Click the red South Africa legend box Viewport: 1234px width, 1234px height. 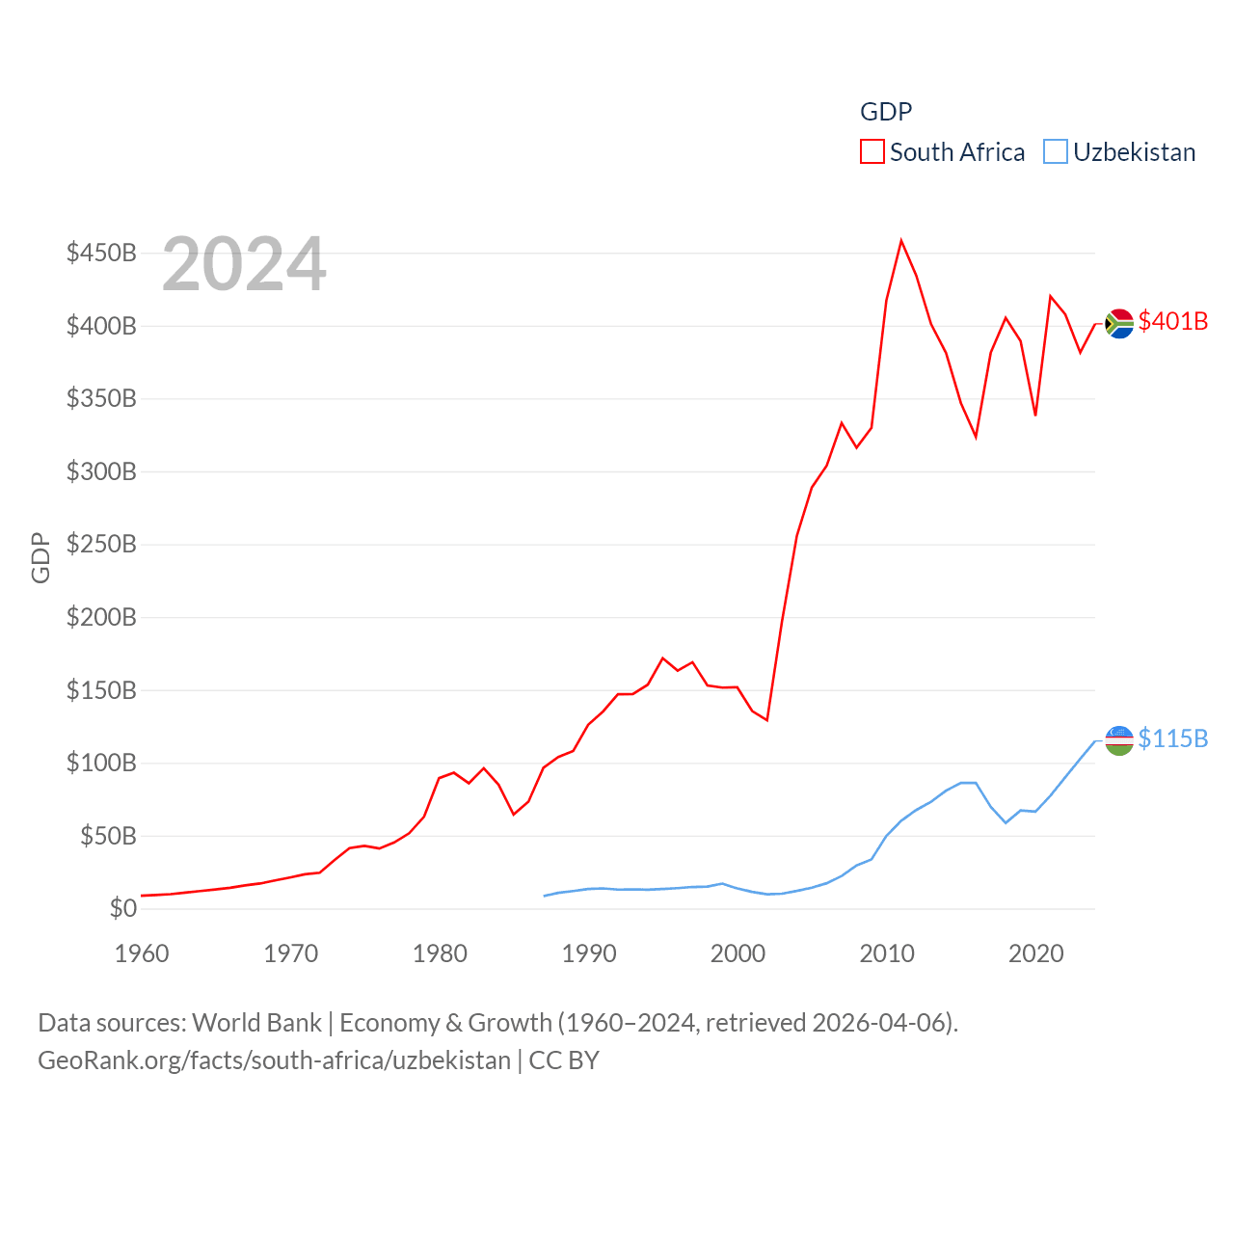click(x=872, y=152)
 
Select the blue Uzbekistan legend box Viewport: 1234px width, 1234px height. click(x=1056, y=152)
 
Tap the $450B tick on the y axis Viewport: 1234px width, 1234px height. click(x=101, y=253)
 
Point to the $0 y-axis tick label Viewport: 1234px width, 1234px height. click(x=122, y=908)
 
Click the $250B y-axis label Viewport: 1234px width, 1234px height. click(x=101, y=544)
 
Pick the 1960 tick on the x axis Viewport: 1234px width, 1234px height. click(x=142, y=953)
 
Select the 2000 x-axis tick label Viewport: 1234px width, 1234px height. click(x=738, y=953)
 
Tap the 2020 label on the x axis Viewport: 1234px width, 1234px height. click(x=1035, y=953)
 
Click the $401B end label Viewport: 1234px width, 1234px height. click(x=1172, y=321)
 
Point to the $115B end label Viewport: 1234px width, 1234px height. click(x=1172, y=738)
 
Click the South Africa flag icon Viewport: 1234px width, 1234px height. click(x=1118, y=324)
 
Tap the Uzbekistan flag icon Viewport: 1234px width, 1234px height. click(x=1118, y=740)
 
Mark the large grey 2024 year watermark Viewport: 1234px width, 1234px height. click(x=244, y=264)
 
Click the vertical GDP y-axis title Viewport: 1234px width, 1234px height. click(x=40, y=557)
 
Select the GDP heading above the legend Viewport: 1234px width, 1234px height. click(x=885, y=112)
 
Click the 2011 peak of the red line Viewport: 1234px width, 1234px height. click(x=901, y=240)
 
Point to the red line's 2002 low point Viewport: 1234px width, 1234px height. click(x=767, y=720)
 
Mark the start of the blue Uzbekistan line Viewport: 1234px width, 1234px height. click(x=545, y=896)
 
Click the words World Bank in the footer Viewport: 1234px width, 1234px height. click(x=256, y=1022)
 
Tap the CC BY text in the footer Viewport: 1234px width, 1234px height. click(x=564, y=1060)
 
